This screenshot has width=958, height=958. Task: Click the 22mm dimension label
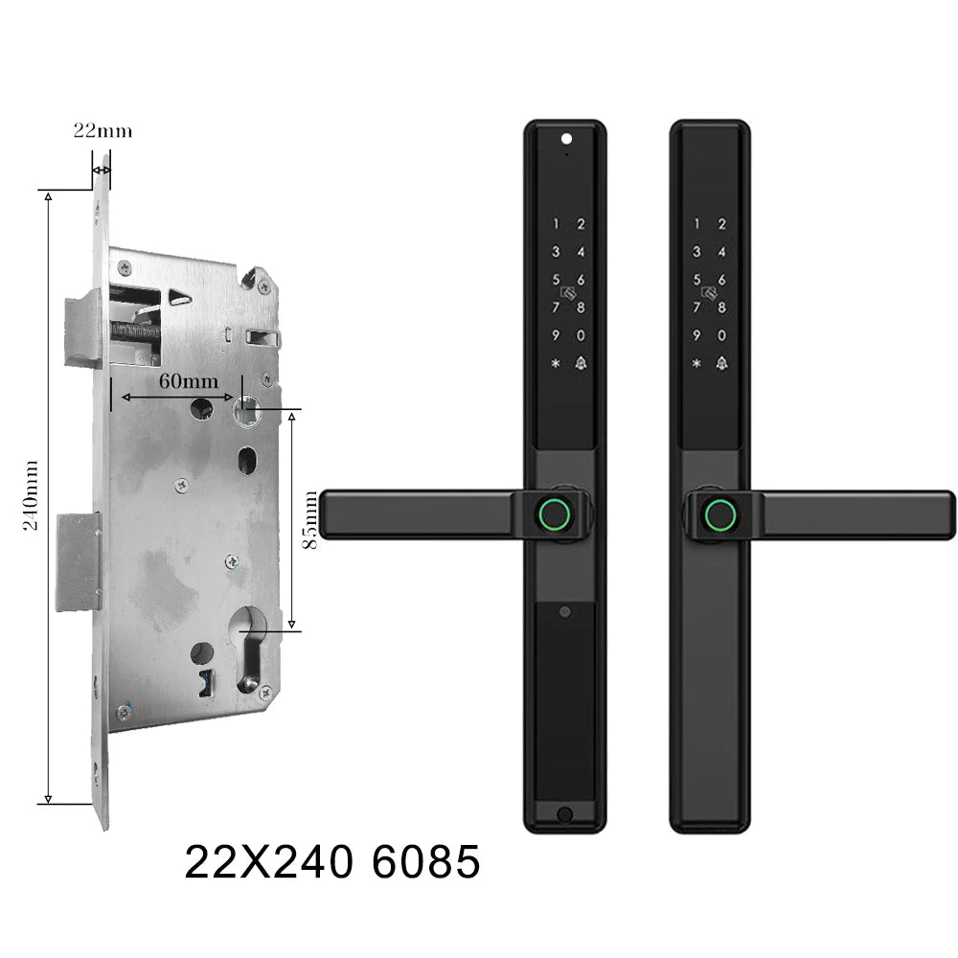pos(103,130)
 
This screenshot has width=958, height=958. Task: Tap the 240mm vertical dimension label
pos(32,495)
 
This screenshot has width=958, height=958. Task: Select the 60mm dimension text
pos(189,380)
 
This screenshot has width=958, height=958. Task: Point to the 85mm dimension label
pos(311,519)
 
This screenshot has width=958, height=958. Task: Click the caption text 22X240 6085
pos(332,861)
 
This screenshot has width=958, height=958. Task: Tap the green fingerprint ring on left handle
pos(555,515)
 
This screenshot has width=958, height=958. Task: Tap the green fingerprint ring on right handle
pos(720,515)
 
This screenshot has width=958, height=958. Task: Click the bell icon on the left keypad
pos(581,363)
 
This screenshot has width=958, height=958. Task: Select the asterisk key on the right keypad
pos(696,363)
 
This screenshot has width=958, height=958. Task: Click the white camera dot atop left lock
pos(566,139)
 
